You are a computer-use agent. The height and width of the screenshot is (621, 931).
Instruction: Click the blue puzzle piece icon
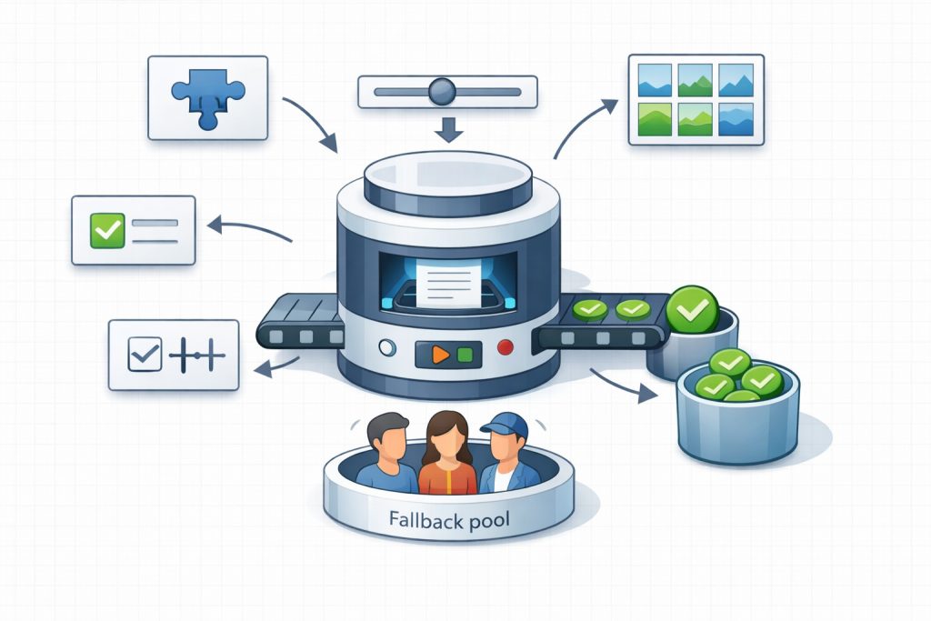pyautogui.click(x=206, y=96)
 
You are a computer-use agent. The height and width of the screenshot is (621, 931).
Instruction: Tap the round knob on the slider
pyautogui.click(x=442, y=90)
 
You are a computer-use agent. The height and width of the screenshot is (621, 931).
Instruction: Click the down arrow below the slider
pyautogui.click(x=448, y=129)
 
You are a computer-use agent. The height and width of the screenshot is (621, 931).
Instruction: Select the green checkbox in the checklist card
pyautogui.click(x=106, y=231)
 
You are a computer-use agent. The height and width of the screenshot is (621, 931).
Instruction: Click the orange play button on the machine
pyautogui.click(x=440, y=354)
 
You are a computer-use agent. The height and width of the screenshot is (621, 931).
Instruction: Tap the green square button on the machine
pyautogui.click(x=465, y=354)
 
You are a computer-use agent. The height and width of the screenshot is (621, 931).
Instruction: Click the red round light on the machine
pyautogui.click(x=506, y=347)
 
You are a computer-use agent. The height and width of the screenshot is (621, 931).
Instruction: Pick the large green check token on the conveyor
pyautogui.click(x=692, y=310)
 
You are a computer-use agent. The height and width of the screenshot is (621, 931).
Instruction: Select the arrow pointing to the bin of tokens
pyautogui.click(x=624, y=383)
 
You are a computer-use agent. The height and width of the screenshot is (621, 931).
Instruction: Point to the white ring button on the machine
pyautogui.click(x=386, y=347)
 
